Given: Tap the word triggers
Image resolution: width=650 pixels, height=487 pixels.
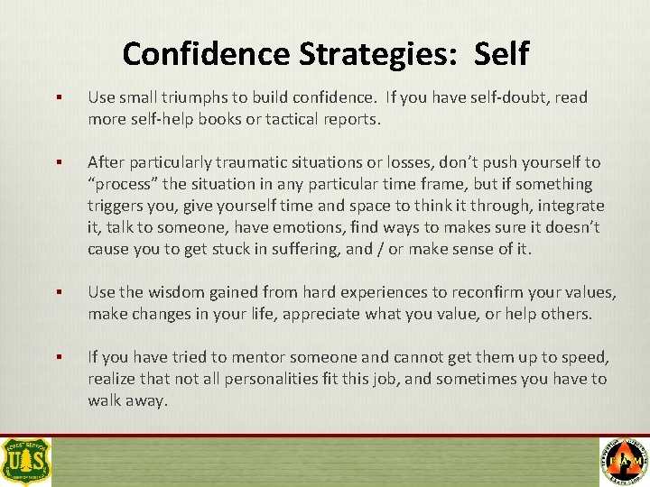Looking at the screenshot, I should pos(115,206).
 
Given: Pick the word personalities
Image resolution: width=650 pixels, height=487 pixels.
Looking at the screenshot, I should pos(272,379).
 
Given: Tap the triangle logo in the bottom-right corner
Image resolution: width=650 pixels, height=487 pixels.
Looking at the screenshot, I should pos(624,461).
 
